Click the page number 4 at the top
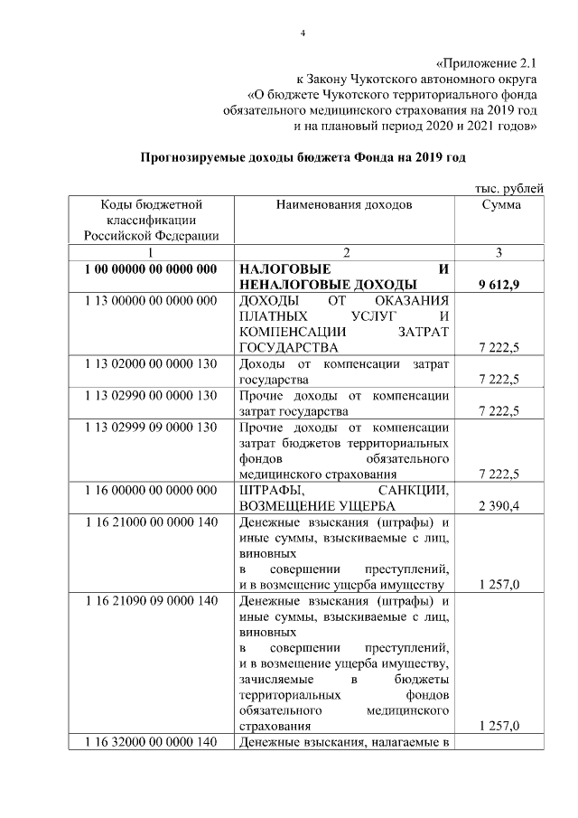[303, 34]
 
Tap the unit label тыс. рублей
[509, 188]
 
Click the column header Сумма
[500, 205]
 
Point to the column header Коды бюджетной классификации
[151, 220]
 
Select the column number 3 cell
[500, 252]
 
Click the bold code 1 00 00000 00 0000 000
[151, 270]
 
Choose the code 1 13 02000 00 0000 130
[151, 363]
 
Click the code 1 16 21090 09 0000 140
[151, 601]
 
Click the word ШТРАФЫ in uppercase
[271, 489]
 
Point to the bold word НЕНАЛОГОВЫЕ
[291, 286]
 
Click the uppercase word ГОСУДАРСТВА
[289, 347]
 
